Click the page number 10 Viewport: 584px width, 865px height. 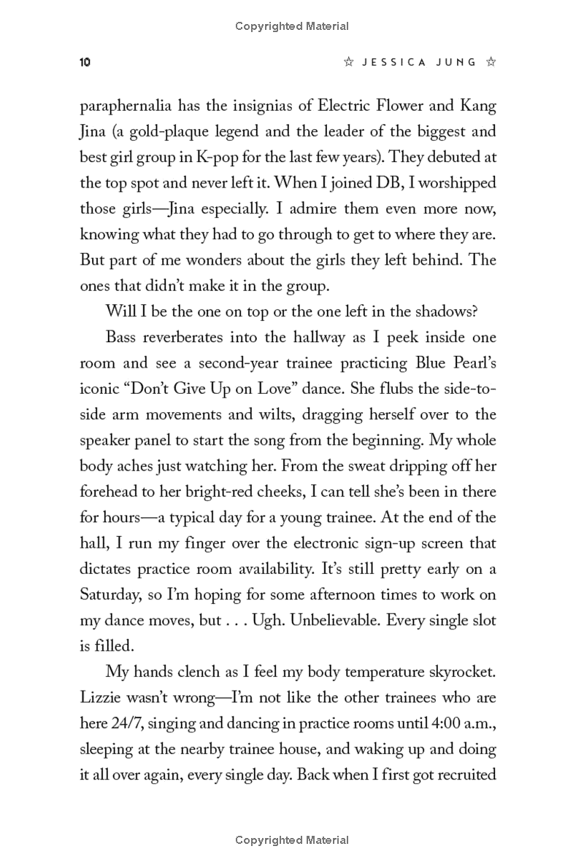(85, 63)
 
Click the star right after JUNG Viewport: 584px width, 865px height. (491, 63)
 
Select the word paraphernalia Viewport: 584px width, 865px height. (126, 106)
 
